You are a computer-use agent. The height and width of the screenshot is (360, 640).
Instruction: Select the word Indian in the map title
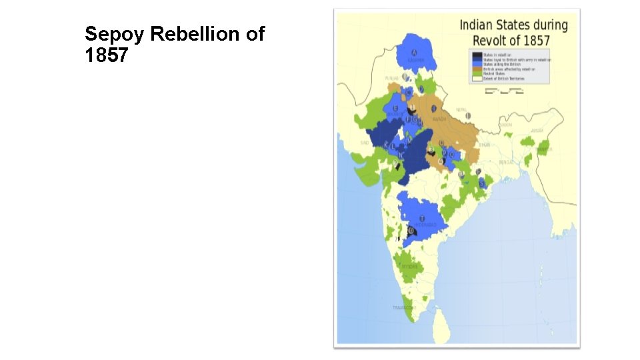point(476,25)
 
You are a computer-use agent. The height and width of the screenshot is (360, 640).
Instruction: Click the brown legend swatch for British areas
point(477,69)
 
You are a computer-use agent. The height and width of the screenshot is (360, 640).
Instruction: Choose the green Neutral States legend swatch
point(477,73)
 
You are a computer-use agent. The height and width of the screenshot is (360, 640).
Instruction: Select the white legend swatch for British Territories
point(477,78)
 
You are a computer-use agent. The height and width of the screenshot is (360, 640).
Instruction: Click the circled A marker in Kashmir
point(415,53)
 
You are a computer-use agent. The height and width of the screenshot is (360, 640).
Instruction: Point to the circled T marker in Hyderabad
point(421,217)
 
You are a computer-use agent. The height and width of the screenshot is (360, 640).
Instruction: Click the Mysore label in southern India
point(409,266)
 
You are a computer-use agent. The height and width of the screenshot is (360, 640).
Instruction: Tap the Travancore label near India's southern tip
point(403,307)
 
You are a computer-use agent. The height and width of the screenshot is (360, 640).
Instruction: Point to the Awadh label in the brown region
point(439,119)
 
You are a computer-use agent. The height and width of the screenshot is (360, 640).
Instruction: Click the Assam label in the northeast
point(537,131)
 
